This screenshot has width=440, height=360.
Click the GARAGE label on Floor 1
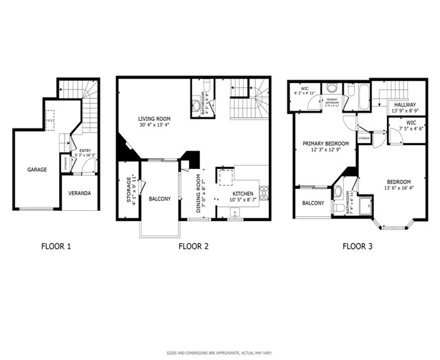[37, 169]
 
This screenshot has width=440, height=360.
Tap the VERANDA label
[79, 193]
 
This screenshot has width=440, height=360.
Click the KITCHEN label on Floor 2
[243, 194]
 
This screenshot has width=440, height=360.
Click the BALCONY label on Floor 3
[313, 203]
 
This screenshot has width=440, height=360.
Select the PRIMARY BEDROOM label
[326, 144]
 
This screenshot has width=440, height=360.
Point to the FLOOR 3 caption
[357, 245]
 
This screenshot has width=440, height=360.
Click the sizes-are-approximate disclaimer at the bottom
[220, 352]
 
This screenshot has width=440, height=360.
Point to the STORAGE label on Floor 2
[129, 192]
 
